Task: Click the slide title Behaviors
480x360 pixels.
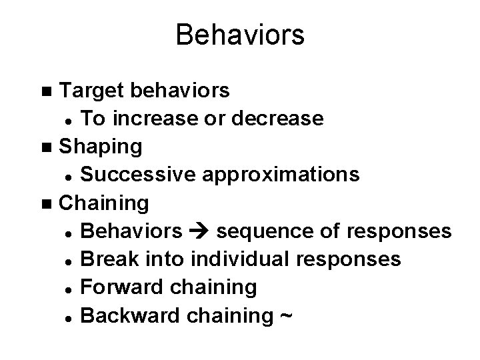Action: tap(240, 35)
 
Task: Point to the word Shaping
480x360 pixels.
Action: tap(100, 146)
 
